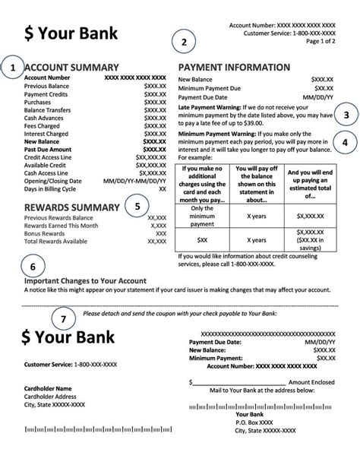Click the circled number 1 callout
pos(13,68)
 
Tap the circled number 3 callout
pos(346,115)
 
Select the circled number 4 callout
pos(346,142)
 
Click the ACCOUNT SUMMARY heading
pos(71,67)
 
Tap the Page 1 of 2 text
pos(317,43)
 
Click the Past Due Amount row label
pos(50,150)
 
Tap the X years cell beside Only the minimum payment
pos(255,215)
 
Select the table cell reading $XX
pos(203,239)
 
